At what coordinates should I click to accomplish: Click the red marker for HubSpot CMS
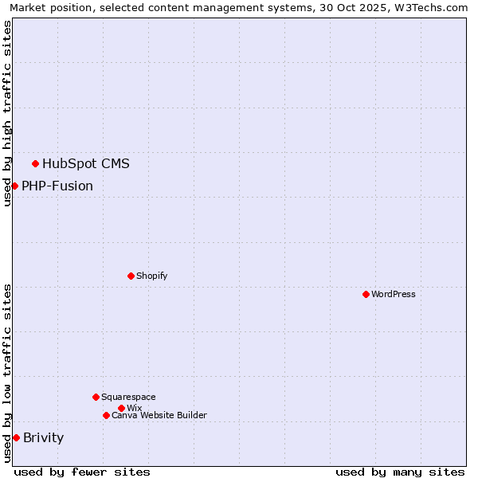[35, 163]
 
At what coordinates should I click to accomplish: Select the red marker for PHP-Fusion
[14, 186]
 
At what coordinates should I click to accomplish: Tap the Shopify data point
[131, 276]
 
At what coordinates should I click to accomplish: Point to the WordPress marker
[366, 294]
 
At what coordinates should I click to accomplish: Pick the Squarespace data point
[96, 397]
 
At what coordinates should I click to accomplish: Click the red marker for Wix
[121, 408]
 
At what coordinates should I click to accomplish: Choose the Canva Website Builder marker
[106, 415]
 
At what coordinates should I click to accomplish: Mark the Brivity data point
[16, 437]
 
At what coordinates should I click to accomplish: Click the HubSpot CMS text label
[85, 164]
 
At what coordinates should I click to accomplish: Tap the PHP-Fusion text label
[57, 186]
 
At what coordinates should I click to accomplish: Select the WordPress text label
[393, 294]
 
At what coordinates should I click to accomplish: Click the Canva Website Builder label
[159, 415]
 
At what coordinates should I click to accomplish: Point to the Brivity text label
[43, 437]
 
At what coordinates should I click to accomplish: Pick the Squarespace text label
[128, 397]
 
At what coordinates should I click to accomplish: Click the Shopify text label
[151, 276]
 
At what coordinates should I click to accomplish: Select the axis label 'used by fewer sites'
[82, 472]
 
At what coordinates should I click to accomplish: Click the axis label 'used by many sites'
[400, 472]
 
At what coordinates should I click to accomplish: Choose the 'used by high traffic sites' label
[7, 113]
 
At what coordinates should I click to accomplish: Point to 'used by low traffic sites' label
[7, 373]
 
